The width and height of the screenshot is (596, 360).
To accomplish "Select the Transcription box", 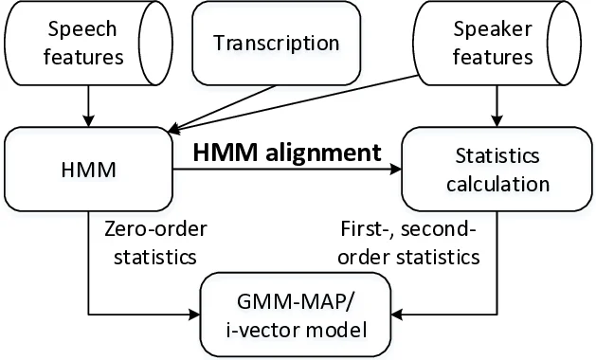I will point(276,44).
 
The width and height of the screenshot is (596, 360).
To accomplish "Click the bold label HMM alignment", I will point(287,152).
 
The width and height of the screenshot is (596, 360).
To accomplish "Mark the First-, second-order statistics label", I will point(409,243).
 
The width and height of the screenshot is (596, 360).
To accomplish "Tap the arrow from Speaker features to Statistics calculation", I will point(496,104).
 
